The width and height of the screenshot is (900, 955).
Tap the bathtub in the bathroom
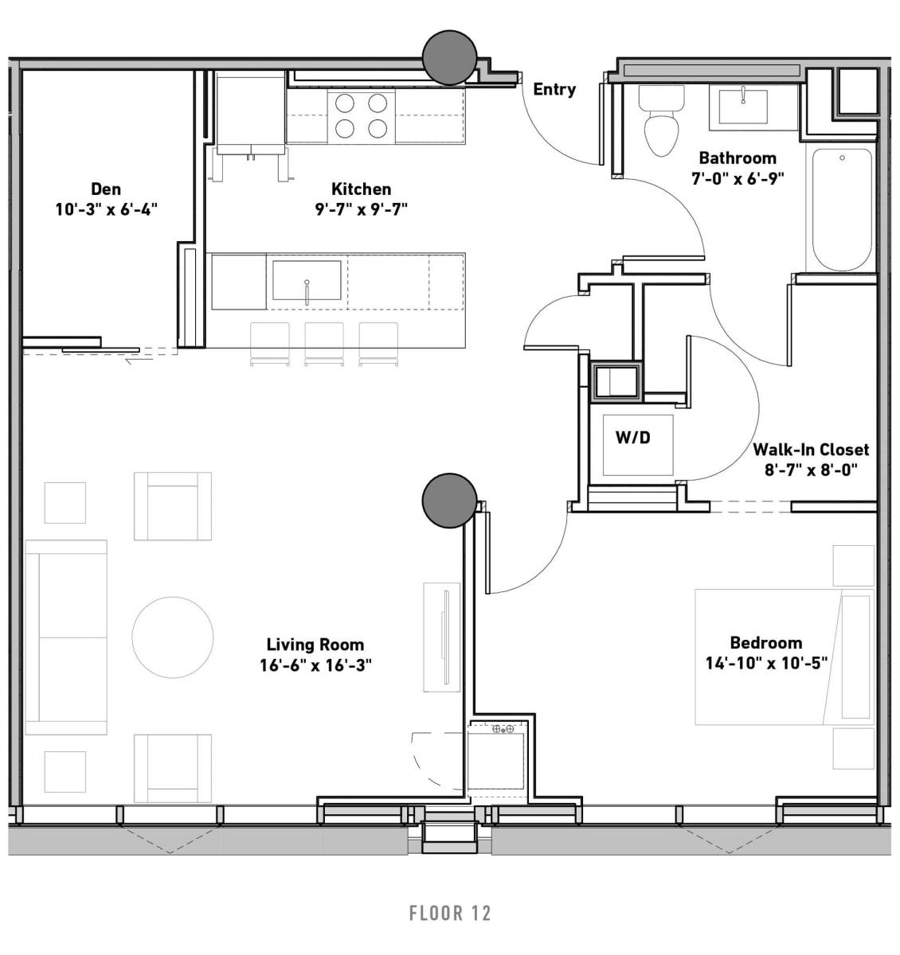[842, 209]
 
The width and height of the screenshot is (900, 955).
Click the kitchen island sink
[307, 280]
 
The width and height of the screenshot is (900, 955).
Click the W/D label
[633, 437]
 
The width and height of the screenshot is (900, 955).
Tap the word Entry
[554, 89]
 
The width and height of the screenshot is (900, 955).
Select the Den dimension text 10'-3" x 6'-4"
[107, 209]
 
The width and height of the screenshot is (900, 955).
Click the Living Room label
[315, 645]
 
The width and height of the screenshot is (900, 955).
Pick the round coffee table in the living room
[172, 637]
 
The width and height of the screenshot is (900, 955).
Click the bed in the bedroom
[784, 657]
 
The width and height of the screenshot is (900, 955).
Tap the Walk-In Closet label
[811, 450]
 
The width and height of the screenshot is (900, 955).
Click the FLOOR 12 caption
[450, 913]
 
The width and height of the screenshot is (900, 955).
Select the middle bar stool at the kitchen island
[324, 344]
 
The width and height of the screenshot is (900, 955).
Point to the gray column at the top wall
[449, 58]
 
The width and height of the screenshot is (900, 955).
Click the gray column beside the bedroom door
[449, 501]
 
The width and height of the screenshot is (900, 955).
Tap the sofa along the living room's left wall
[66, 637]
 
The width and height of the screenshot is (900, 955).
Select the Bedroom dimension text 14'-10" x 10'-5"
[766, 663]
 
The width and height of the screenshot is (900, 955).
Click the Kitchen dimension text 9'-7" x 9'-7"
[362, 209]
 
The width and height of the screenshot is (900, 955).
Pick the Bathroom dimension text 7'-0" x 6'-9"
[738, 179]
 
